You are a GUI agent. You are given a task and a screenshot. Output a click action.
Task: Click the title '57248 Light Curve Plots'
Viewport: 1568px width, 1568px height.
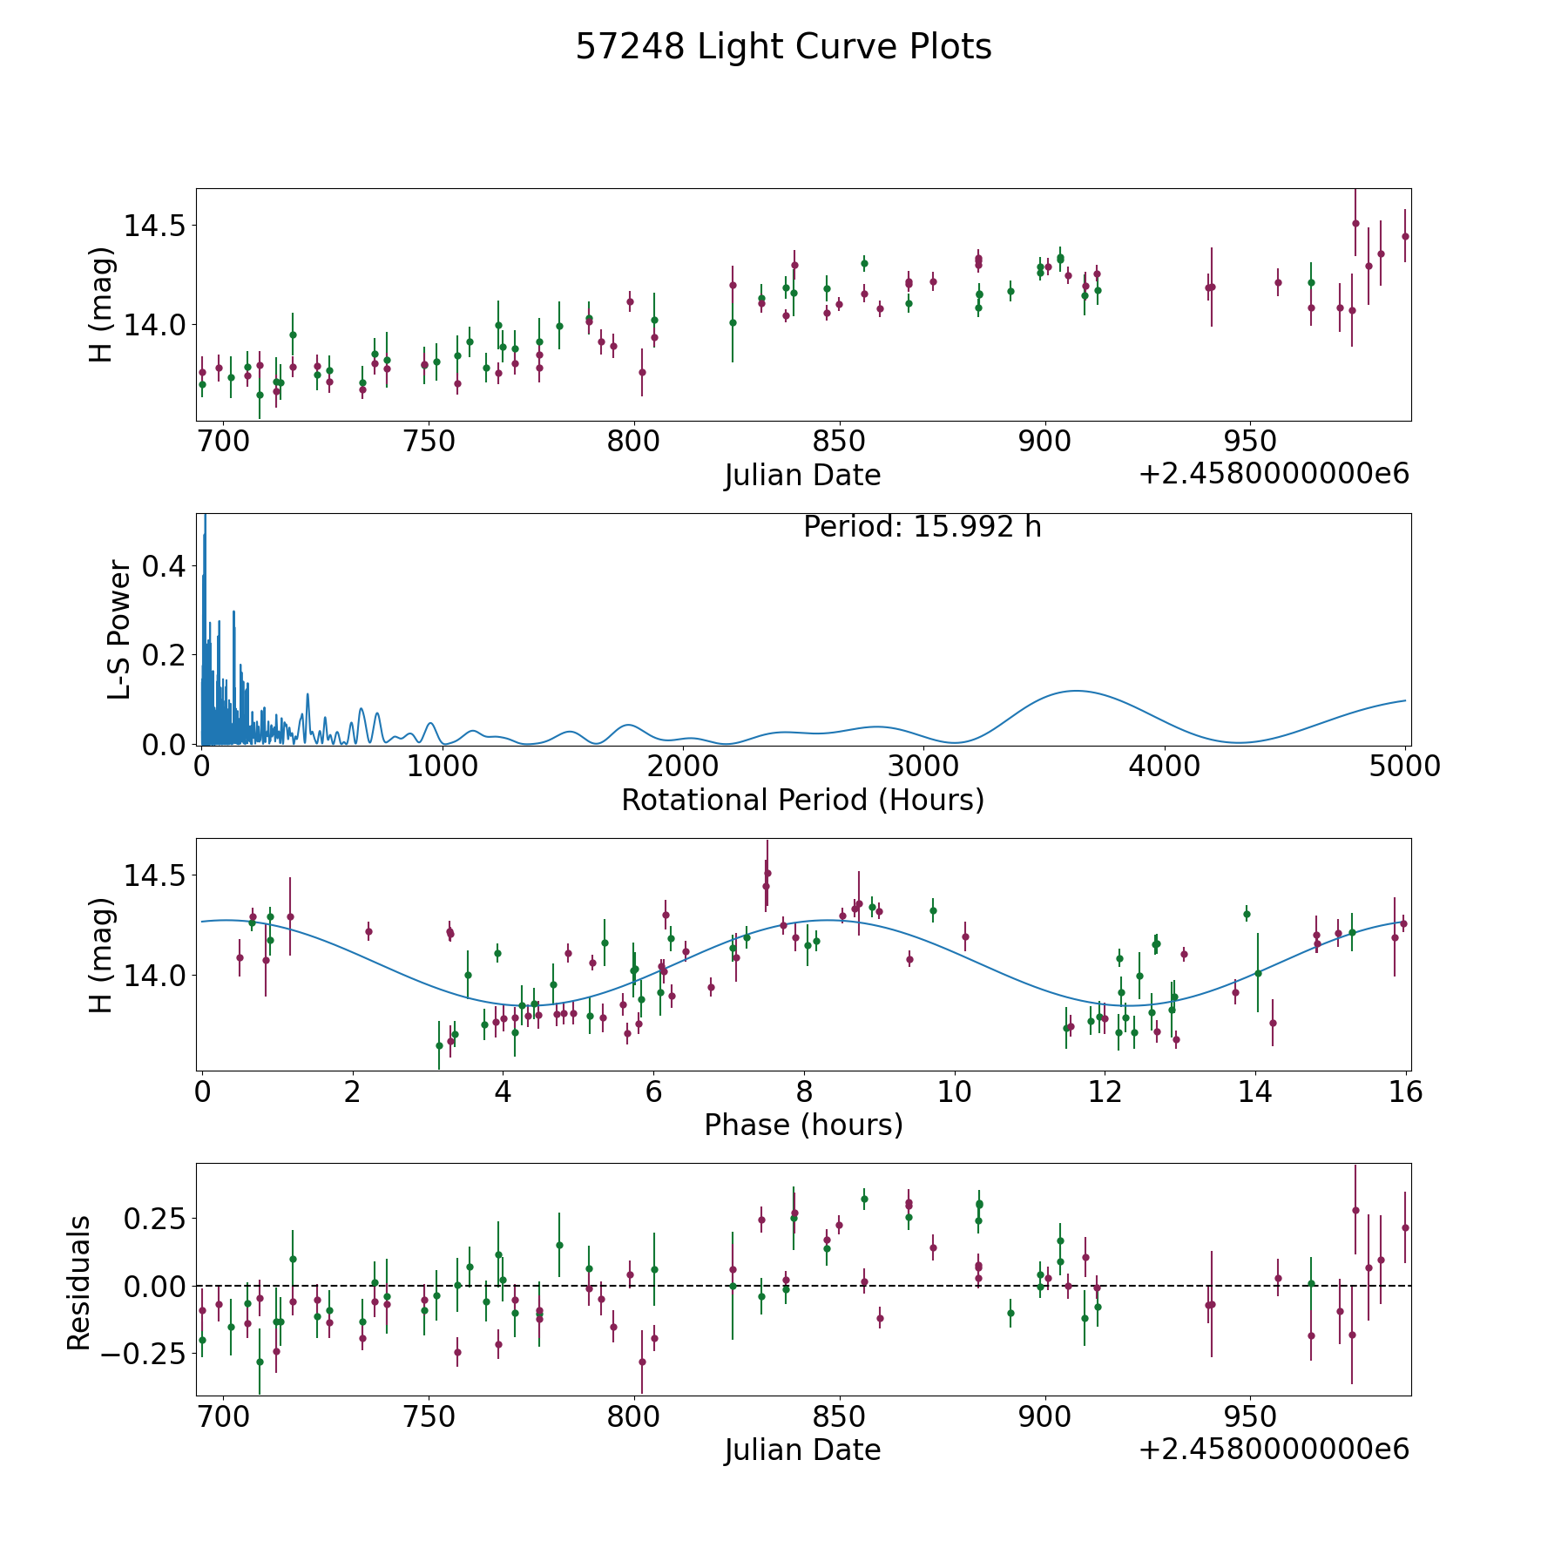(x=783, y=47)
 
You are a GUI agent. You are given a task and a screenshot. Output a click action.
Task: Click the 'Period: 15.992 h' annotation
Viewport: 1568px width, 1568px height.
(x=922, y=527)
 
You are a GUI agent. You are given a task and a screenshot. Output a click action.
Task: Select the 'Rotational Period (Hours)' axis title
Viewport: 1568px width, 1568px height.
(x=802, y=800)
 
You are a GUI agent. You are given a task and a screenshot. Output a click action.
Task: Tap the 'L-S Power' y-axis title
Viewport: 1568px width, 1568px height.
(x=119, y=629)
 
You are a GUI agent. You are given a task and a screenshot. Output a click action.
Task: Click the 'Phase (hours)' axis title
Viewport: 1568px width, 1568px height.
(x=803, y=1125)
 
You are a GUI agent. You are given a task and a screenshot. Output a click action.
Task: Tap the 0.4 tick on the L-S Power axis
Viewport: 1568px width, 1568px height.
(x=165, y=566)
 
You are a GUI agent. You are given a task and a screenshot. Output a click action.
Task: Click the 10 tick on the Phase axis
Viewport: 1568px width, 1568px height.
(x=955, y=1091)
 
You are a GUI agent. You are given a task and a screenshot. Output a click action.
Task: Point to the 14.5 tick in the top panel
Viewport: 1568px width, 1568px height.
(x=154, y=226)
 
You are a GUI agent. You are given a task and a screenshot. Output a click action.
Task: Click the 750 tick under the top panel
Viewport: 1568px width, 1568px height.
(x=429, y=441)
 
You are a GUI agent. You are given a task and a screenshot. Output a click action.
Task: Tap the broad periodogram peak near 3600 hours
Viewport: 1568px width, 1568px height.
(x=1077, y=691)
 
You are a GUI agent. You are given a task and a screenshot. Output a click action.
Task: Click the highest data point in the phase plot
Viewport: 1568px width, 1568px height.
(x=767, y=873)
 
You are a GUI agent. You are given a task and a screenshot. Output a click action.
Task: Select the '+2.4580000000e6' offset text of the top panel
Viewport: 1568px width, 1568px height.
(x=1274, y=474)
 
